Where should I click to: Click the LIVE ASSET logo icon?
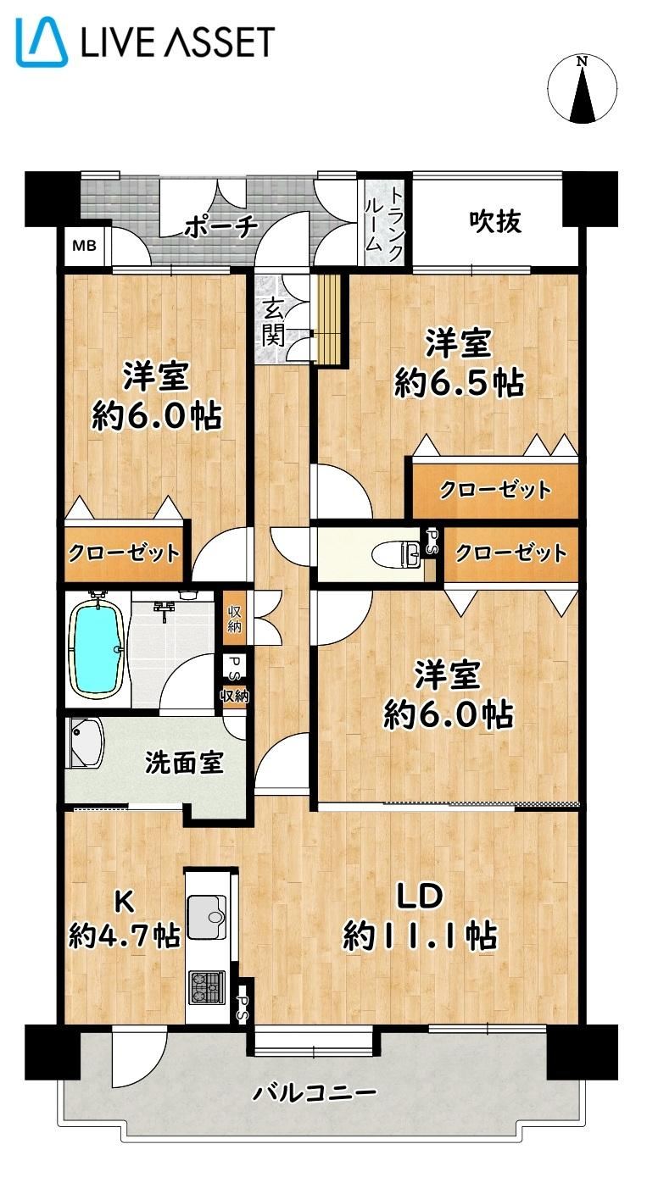42,42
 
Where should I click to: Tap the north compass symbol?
583,90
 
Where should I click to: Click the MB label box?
84,246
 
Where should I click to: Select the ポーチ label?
220,227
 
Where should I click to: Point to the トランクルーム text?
383,219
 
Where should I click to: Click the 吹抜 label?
495,221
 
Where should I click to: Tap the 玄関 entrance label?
272,322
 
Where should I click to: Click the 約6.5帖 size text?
460,382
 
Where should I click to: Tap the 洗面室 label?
184,763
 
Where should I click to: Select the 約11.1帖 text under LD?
421,935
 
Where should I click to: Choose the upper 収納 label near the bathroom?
234,619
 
